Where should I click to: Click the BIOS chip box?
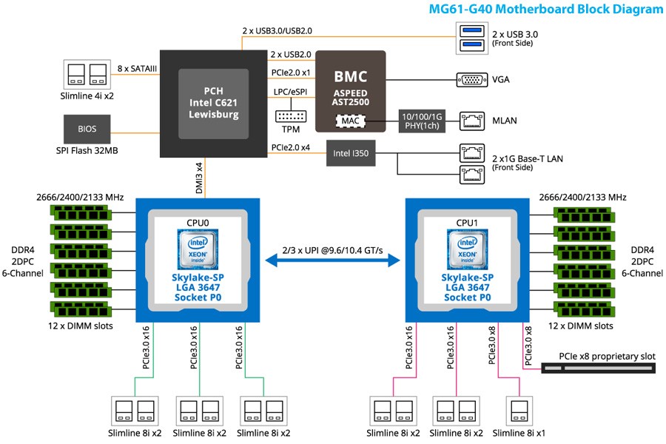tap(87, 129)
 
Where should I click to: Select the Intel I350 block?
tap(351, 153)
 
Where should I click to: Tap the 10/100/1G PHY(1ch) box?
tap(422, 121)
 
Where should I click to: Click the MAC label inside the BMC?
tap(351, 121)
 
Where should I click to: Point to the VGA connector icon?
tap(472, 79)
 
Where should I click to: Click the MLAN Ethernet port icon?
tap(472, 121)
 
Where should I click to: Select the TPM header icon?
tap(291, 116)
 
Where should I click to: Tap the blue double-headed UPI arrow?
tap(332, 260)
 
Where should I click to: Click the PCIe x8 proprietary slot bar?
tap(599, 368)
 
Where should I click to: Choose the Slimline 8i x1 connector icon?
tap(519, 411)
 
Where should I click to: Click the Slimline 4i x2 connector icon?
tap(87, 74)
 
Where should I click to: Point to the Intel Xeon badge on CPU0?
tap(198, 249)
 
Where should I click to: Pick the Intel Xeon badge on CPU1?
tap(467, 249)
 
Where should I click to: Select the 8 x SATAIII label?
tap(137, 68)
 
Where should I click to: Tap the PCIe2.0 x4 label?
tap(291, 147)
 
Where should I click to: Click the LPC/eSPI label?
tap(291, 92)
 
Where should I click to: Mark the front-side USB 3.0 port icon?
tap(472, 38)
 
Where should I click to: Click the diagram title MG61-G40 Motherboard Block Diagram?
tap(546, 9)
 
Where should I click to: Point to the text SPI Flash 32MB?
tap(87, 150)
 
